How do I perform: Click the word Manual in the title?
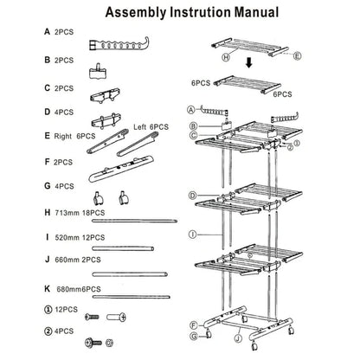(x=253, y=13)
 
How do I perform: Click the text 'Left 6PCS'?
(x=151, y=127)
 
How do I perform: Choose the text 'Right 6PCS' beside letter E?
(x=58, y=136)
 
